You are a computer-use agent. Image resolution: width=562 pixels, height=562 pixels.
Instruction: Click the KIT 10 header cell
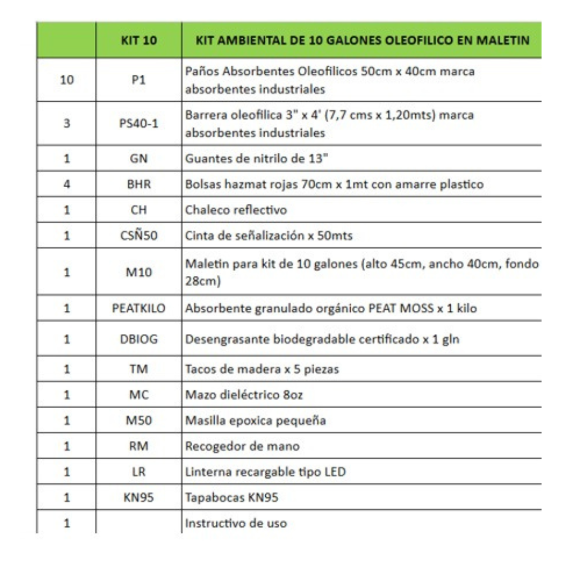click(139, 40)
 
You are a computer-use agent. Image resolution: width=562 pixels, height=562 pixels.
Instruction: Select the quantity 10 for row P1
click(67, 80)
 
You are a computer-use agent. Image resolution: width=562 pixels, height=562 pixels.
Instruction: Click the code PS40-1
click(139, 123)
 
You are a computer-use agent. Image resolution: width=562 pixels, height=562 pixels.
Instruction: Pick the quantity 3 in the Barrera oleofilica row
click(67, 123)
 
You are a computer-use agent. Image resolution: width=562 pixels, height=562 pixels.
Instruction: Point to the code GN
click(139, 158)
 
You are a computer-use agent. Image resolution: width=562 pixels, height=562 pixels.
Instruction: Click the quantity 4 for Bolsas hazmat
click(67, 184)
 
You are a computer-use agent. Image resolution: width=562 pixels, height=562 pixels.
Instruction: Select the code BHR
click(139, 184)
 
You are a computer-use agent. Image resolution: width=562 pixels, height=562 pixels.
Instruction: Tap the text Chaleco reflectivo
click(236, 210)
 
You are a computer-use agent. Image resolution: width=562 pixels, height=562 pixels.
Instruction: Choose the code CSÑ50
click(139, 235)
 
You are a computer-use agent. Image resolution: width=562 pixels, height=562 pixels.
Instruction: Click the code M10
click(139, 272)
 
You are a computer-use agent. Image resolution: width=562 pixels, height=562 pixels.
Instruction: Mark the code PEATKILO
click(139, 309)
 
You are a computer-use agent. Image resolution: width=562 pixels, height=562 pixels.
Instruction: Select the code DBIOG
click(139, 339)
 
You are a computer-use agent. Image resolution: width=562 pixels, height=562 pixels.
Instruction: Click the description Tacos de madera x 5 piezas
click(262, 369)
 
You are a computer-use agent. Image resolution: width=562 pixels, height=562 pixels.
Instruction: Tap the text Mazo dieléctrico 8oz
click(244, 395)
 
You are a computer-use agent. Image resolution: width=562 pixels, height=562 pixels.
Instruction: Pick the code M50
click(139, 420)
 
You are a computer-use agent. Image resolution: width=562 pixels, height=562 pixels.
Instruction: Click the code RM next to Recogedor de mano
click(139, 446)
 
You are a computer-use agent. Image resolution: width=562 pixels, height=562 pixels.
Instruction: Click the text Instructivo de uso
click(236, 523)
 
